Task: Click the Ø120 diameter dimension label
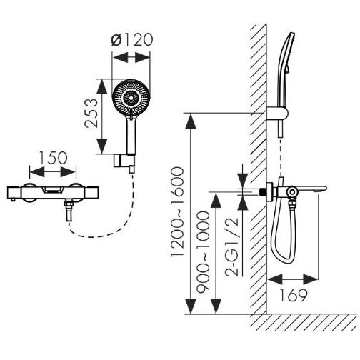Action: pos(132,39)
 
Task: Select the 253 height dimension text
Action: pos(91,114)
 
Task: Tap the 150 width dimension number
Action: pos(53,158)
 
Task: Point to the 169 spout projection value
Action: pos(293,295)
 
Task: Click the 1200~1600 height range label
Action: pos(177,211)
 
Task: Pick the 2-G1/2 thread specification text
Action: pos(231,246)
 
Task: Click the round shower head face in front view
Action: pos(131,98)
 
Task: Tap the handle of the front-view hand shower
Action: pos(131,136)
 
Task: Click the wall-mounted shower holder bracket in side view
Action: pos(277,114)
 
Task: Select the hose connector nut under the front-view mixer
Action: pos(69,205)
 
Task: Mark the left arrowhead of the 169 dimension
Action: pos(274,279)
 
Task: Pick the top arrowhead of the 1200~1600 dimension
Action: pos(190,121)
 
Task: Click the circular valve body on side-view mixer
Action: pos(291,192)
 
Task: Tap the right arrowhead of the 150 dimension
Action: pos(69,172)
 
